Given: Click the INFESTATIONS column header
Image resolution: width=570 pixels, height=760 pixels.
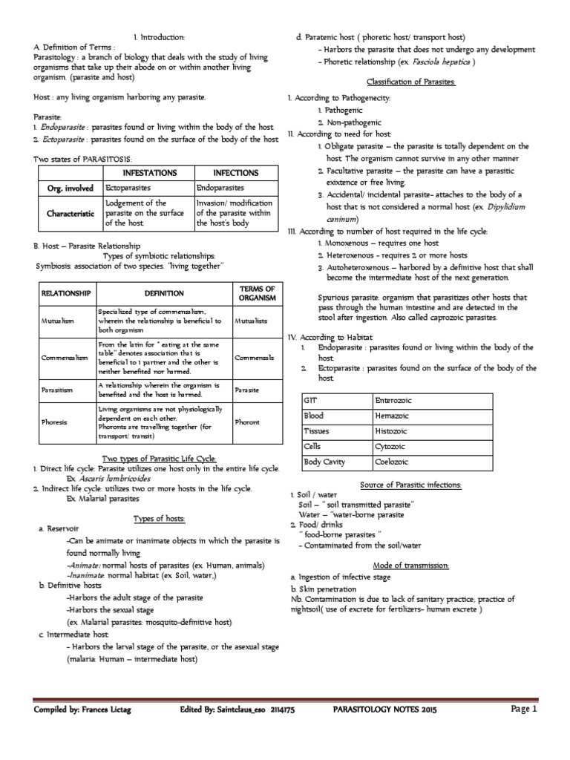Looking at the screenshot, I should point(148,173).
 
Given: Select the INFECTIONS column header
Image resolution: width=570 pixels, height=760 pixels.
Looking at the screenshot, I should point(235,173).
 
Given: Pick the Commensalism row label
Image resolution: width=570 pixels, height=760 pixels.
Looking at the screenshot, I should point(60,358).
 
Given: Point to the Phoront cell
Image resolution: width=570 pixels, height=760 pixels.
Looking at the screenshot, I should point(247,422).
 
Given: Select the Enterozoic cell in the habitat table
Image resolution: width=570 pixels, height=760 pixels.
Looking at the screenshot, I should point(394,401).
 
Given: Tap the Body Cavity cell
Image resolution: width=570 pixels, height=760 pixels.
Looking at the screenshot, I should point(324,462).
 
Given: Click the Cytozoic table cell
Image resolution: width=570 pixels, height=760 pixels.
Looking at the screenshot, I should point(393,447).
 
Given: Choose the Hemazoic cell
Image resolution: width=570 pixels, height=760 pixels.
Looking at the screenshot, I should point(393,416).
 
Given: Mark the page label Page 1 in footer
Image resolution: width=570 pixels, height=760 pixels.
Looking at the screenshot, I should point(522,710).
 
